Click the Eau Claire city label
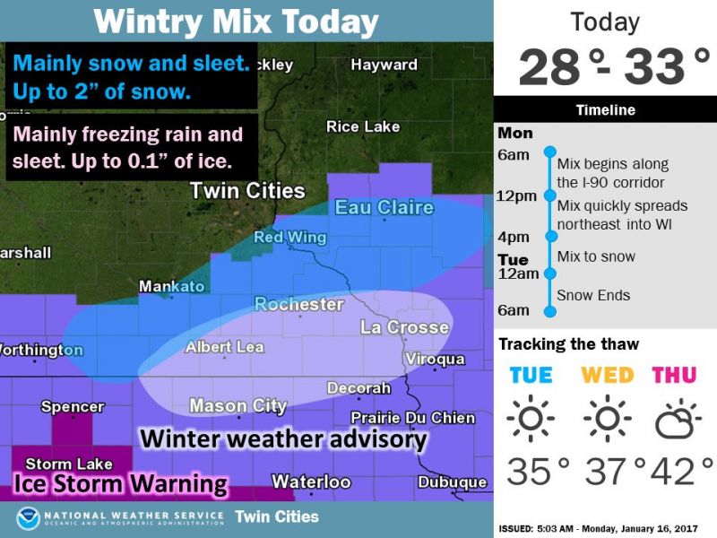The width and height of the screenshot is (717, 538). (x=384, y=208)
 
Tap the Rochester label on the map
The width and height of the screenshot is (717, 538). (x=299, y=305)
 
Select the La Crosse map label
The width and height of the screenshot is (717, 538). (x=404, y=327)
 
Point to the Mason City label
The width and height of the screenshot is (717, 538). (x=238, y=406)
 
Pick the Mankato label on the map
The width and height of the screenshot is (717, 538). (x=171, y=287)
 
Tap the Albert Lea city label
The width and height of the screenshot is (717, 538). (x=224, y=347)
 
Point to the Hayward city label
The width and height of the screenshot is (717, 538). (x=384, y=65)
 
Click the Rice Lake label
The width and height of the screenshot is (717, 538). (x=362, y=126)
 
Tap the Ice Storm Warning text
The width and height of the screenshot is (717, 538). (x=120, y=484)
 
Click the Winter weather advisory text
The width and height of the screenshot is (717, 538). (x=283, y=439)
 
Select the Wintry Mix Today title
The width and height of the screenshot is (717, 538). (x=237, y=21)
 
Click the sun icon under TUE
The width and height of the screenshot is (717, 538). (x=531, y=418)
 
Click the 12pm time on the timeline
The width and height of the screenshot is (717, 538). (x=517, y=195)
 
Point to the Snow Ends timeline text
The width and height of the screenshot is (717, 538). (x=593, y=295)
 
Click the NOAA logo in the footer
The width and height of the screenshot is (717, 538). (x=29, y=518)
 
